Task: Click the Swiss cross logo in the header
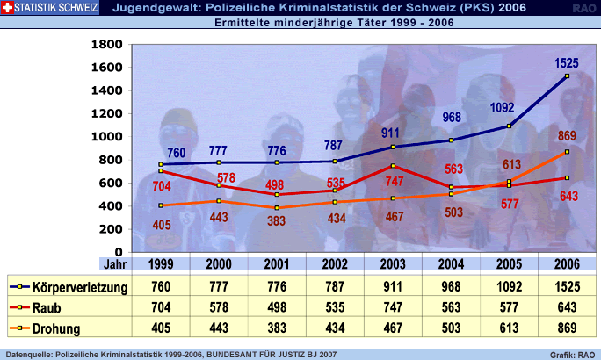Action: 8,9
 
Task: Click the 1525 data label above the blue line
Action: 567,63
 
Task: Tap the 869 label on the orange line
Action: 567,136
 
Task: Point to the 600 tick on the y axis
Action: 111,183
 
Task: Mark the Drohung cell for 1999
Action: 161,329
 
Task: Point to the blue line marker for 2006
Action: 568,76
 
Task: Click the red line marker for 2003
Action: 394,166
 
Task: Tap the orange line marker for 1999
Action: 161,205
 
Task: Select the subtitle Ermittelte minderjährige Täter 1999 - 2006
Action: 334,23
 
